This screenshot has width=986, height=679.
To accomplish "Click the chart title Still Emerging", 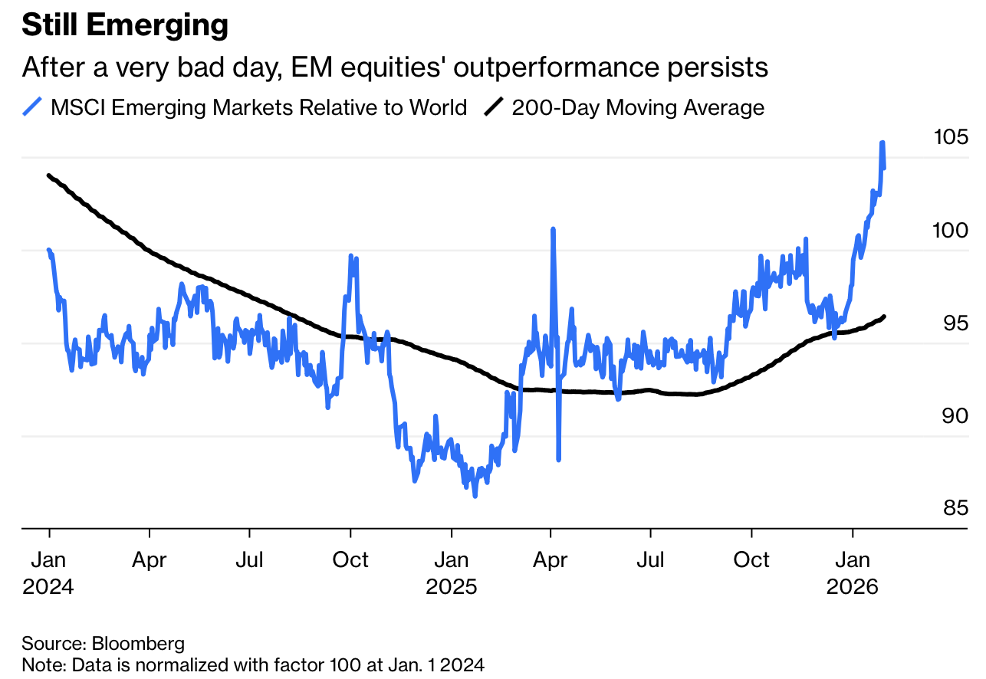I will [x=125, y=26].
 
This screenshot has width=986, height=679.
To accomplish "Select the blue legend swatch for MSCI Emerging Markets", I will [x=33, y=107].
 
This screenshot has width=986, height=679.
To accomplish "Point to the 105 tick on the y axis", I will [x=951, y=138].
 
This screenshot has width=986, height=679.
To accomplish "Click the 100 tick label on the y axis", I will [x=951, y=231].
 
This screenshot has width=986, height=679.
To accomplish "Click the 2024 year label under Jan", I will [x=48, y=587].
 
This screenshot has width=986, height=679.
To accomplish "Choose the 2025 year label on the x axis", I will [x=452, y=587].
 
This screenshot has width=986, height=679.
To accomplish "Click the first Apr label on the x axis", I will [x=149, y=559].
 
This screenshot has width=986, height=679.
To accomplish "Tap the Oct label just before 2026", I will [x=751, y=559].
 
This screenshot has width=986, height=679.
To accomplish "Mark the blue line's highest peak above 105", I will [x=882, y=143].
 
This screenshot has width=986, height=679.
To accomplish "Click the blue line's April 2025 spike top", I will [x=552, y=229].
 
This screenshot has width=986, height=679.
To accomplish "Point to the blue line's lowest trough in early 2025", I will [x=475, y=496].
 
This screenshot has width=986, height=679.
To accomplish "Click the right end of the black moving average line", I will [x=885, y=317].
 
